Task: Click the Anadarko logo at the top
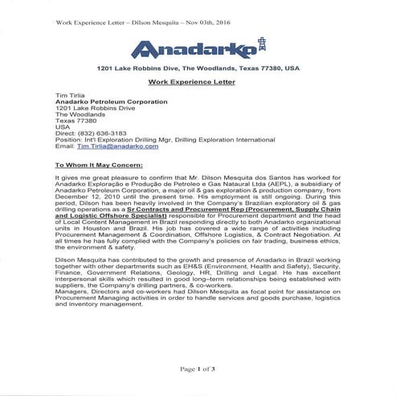click(197, 49)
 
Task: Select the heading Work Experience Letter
click(198, 83)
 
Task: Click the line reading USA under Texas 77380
click(62, 126)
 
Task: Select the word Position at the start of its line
click(67, 141)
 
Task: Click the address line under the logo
click(198, 68)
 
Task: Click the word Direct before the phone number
click(63, 133)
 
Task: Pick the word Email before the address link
click(63, 148)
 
